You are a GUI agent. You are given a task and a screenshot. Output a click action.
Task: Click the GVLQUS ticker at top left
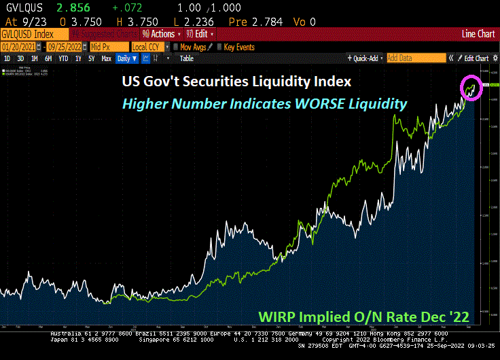coord(21,7)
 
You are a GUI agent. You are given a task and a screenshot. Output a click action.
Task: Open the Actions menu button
coord(162,33)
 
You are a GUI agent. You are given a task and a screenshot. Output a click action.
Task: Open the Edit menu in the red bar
coord(201,33)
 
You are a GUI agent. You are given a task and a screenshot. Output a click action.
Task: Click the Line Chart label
coord(478,33)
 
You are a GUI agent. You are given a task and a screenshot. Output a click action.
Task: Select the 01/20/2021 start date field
coord(18,46)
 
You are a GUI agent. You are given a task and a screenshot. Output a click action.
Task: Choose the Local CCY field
coord(147,46)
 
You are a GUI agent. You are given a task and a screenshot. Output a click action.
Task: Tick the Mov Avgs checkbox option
coord(175,47)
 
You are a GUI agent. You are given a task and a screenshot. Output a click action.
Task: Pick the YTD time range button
coord(63,58)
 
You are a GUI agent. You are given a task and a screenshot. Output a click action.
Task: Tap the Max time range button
coord(106,58)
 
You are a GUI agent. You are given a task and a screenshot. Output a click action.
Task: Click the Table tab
coord(186,58)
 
